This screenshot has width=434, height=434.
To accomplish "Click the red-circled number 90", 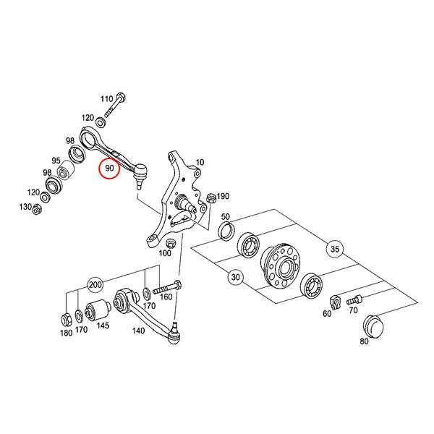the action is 110,168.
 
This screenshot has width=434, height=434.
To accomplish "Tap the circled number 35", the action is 335,249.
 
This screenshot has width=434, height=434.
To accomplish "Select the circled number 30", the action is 235,277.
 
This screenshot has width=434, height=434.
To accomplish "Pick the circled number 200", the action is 95,284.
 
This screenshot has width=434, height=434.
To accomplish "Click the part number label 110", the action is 106,99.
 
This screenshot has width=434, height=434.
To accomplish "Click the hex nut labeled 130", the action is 36,209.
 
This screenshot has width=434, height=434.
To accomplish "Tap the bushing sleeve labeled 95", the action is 67,170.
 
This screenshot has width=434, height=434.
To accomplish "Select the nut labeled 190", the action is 211,198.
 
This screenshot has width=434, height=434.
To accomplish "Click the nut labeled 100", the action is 171,244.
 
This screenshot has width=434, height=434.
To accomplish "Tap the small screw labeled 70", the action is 354,299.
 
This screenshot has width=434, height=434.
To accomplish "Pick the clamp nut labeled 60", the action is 335,302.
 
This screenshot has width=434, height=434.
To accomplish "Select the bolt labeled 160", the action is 167,288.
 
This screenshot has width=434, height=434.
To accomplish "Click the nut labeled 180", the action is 67,320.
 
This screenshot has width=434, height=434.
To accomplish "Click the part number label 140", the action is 138,331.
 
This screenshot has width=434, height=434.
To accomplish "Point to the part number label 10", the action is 200,162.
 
